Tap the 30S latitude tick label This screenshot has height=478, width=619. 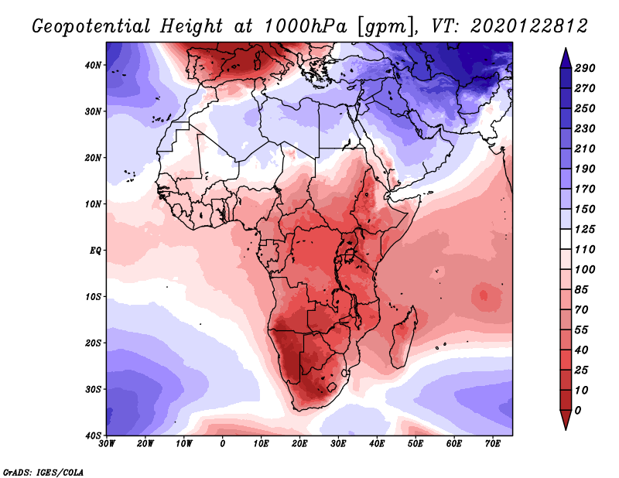[x=94, y=389]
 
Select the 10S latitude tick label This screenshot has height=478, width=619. [x=94, y=296]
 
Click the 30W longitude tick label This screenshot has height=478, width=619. [x=107, y=443]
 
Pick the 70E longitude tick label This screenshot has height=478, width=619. [x=493, y=443]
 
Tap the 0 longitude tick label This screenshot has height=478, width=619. [x=223, y=443]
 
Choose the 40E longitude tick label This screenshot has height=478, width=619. [x=377, y=443]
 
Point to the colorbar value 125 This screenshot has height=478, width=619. [x=586, y=230]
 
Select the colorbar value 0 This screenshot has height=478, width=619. [x=578, y=409]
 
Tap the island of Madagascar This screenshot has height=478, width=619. [x=405, y=336]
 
